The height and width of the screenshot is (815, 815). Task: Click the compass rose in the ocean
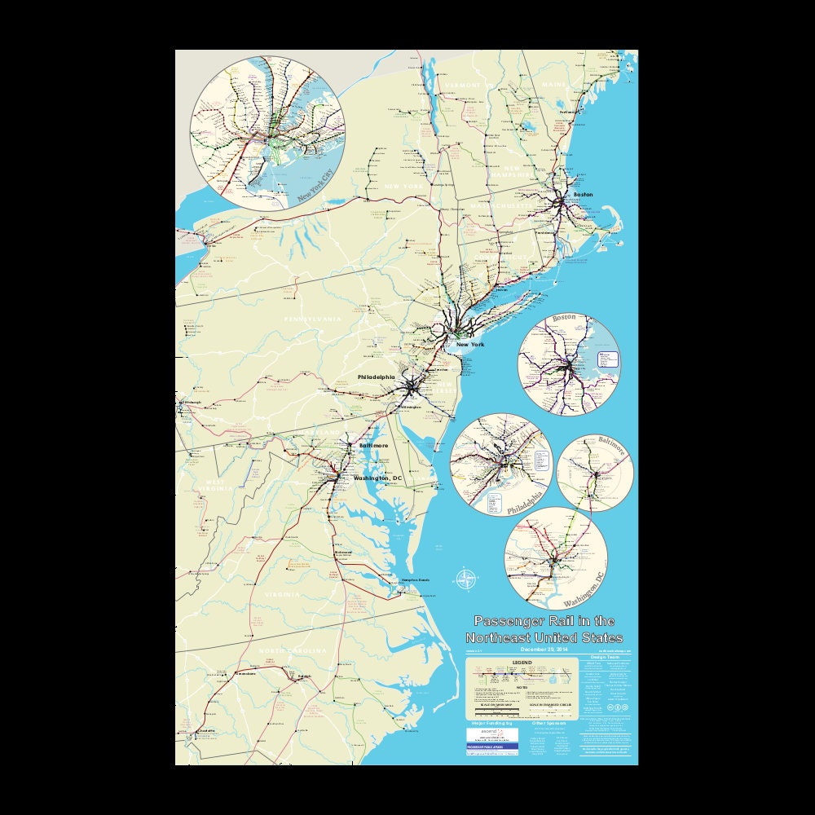pos(465,579)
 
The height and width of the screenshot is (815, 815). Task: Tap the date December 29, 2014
pos(544,650)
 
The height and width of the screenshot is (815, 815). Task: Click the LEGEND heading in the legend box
pos(522,662)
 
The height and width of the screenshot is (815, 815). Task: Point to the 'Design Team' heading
pos(607,657)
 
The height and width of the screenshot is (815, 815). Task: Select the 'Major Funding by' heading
pos(492,723)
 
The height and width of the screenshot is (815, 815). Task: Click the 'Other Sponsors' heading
pos(548,723)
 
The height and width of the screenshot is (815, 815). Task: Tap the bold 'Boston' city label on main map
pos(583,195)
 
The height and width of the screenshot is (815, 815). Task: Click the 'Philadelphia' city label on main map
pos(376,377)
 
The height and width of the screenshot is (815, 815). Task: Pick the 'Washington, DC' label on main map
pos(378,478)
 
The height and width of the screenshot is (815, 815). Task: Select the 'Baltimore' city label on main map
pos(373,446)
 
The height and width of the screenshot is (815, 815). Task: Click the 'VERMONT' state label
pos(463,85)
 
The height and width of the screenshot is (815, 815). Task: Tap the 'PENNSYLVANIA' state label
pos(312,319)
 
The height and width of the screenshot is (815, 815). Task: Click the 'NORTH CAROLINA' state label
pos(293,651)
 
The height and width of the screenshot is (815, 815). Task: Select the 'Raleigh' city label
pos(305,676)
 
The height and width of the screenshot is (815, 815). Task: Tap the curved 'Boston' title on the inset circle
pos(564,317)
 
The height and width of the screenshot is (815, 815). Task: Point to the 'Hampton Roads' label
pos(414,580)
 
